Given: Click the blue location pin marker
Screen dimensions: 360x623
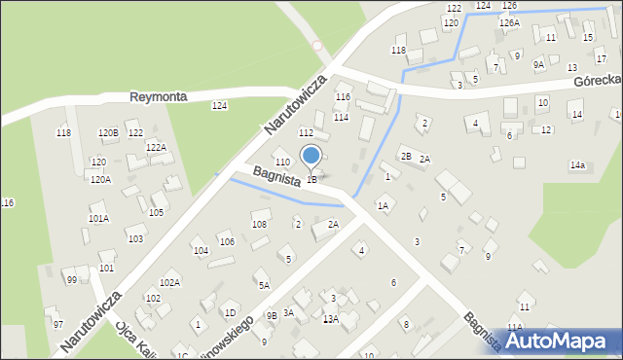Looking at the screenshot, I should tap(311, 156).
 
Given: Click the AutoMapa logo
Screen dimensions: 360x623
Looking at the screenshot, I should tap(564, 342).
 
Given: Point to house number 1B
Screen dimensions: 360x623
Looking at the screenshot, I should tap(311, 179).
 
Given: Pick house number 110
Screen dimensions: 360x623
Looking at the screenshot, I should tap(282, 162).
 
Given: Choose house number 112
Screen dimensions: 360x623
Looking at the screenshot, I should tap(306, 132).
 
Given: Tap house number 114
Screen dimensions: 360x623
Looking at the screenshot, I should tap(341, 117).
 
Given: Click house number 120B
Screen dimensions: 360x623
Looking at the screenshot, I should tap(107, 132).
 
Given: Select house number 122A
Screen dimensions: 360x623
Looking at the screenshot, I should tap(156, 147).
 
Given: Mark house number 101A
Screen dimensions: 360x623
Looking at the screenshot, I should tap(98, 218).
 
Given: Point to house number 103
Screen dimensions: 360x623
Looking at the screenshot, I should tap(135, 238).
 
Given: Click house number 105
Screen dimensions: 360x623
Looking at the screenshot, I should tap(156, 212).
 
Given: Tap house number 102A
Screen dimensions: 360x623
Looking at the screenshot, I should tap(169, 282).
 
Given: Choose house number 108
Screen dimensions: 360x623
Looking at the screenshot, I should tap(259, 225).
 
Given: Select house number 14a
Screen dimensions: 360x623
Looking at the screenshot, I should tap(577, 165).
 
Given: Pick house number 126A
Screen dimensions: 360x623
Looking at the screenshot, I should tap(509, 21).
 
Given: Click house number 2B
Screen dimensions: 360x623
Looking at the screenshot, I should tap(406, 156).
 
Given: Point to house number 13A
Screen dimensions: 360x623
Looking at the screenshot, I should tap(331, 319).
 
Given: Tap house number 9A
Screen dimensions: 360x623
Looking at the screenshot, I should tap(538, 64).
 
